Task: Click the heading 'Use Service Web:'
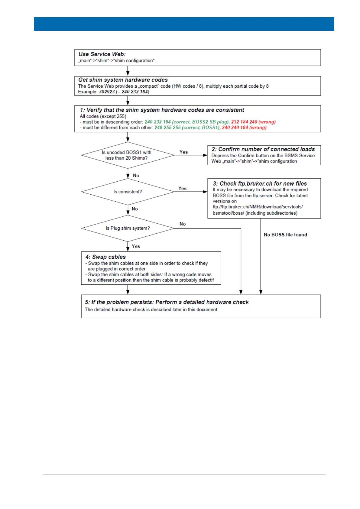[102, 54]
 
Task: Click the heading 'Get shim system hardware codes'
[123, 80]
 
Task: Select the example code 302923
[107, 92]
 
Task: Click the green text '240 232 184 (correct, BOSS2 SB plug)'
[187, 122]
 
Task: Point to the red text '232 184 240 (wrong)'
[253, 122]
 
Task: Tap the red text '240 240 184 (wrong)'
[244, 128]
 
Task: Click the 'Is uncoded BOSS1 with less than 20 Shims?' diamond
[128, 155]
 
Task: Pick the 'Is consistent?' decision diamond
[128, 192]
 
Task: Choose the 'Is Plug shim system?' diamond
[128, 228]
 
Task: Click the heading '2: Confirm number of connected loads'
[263, 149]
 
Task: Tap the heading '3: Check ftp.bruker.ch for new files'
[260, 183]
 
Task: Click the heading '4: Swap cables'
[105, 257]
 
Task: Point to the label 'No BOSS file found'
[285, 235]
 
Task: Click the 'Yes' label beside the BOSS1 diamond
[183, 152]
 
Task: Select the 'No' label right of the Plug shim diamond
[183, 224]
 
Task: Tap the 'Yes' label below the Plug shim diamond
[136, 246]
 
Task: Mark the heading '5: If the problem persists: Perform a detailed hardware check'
[167, 302]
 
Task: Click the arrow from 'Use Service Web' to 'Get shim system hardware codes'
[128, 71]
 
